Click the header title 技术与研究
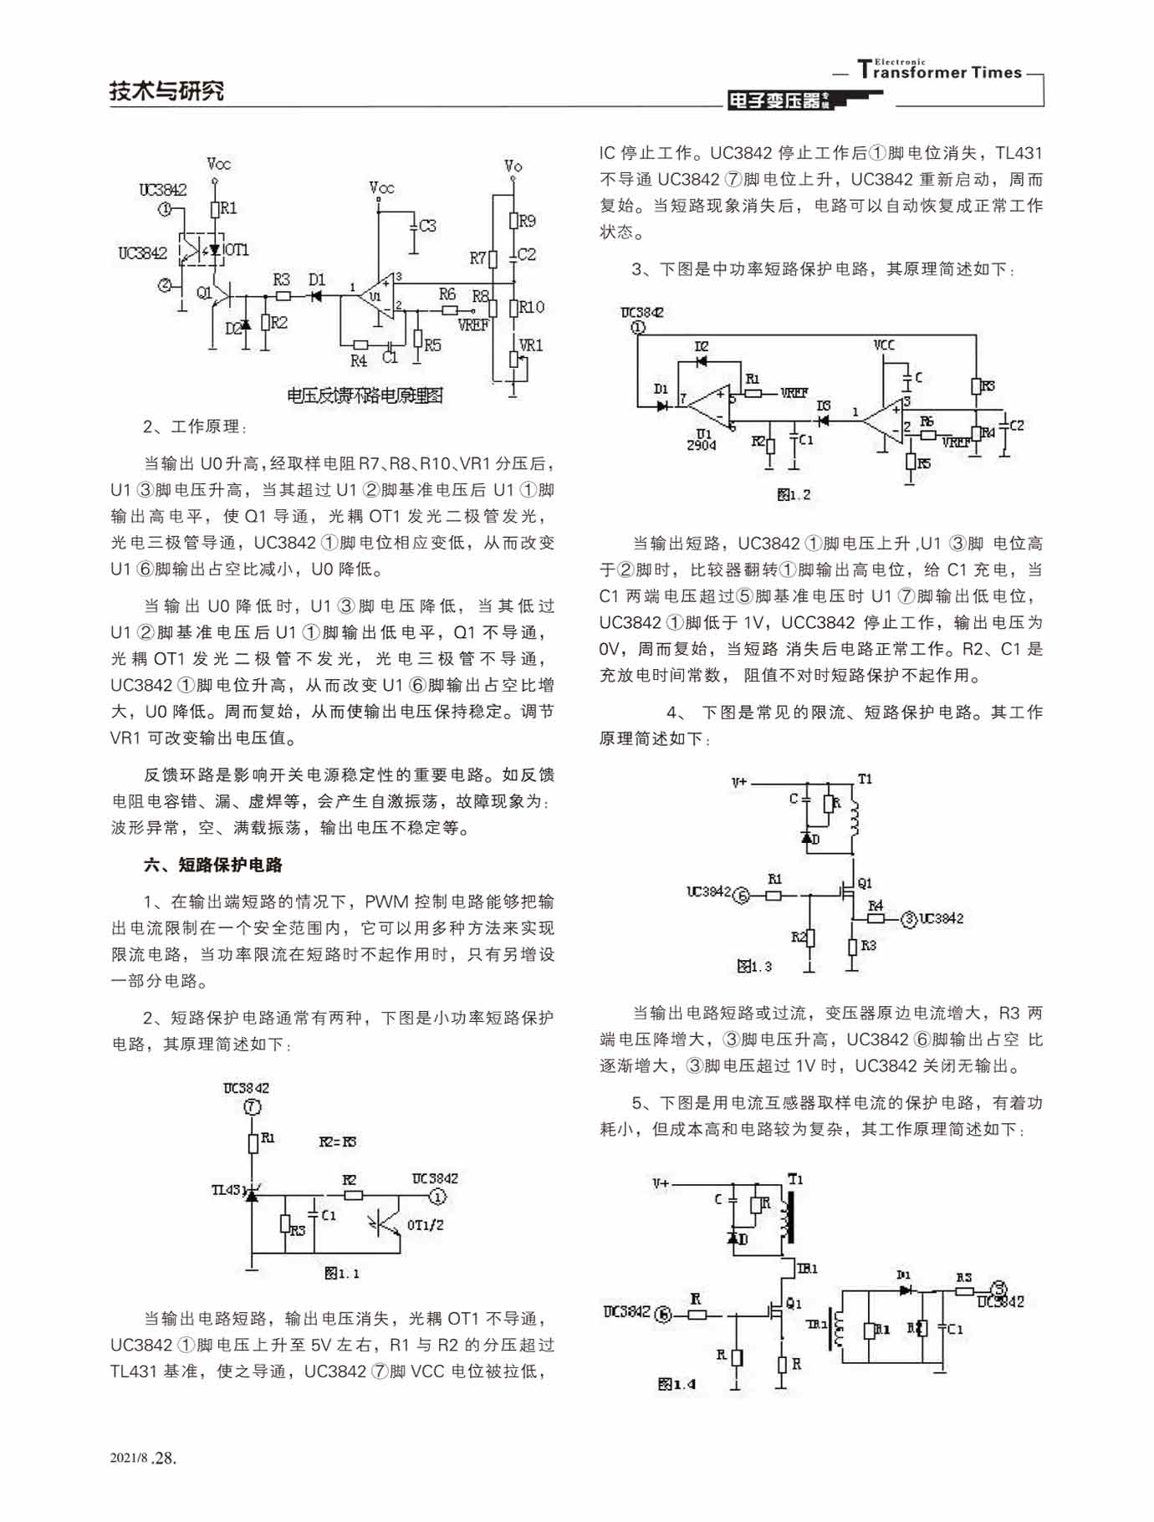(x=166, y=90)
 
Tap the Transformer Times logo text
(x=940, y=71)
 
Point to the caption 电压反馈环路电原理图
(x=365, y=396)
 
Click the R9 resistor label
(x=527, y=221)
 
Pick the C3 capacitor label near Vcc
(x=427, y=225)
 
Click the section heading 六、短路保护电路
(x=213, y=865)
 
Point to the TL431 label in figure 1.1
(x=227, y=1189)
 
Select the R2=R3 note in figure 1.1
(x=338, y=1141)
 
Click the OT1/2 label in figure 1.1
(x=425, y=1225)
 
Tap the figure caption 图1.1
(x=342, y=1274)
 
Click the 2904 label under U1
(x=702, y=445)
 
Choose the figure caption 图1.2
(x=794, y=494)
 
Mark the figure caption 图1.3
(x=754, y=966)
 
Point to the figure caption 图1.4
(x=677, y=1384)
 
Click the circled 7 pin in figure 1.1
(x=253, y=1106)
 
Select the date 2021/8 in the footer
(x=129, y=1458)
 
